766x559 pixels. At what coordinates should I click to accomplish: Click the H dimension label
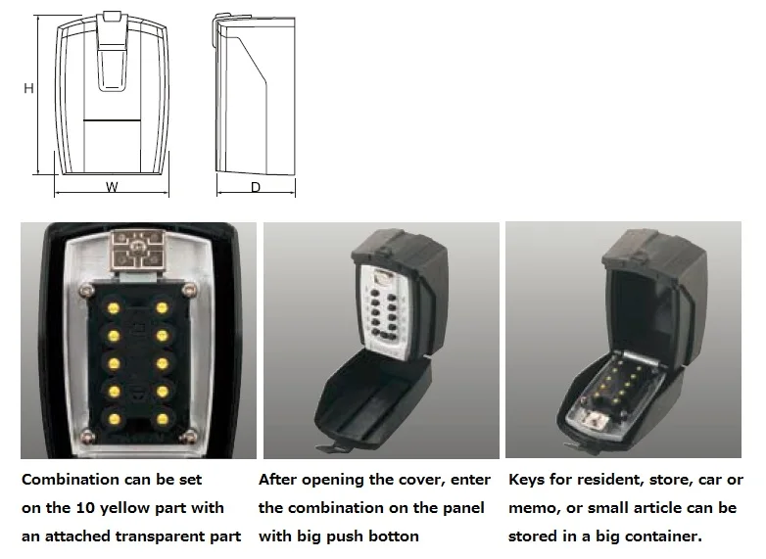click(x=29, y=88)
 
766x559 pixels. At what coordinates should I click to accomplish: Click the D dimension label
click(x=255, y=187)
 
